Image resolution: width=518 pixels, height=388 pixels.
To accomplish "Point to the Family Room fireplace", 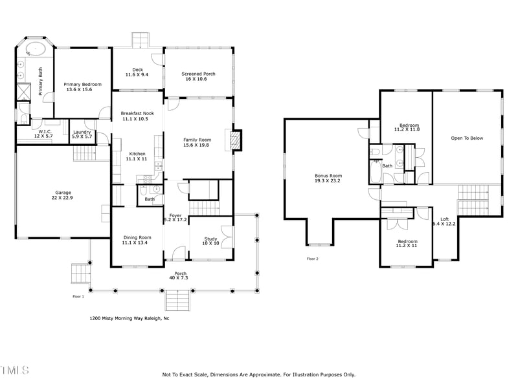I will click(236, 140).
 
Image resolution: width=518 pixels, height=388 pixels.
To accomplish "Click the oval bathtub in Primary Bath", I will click(34, 50).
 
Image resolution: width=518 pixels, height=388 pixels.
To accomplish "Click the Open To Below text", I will click(467, 138).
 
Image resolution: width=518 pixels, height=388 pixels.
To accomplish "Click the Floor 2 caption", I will click(313, 259).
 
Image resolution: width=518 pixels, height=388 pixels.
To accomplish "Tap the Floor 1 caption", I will click(78, 297).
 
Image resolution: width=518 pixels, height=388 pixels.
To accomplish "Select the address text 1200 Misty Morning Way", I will click(129, 318).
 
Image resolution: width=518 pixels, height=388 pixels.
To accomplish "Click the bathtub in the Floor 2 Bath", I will click(376, 172).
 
